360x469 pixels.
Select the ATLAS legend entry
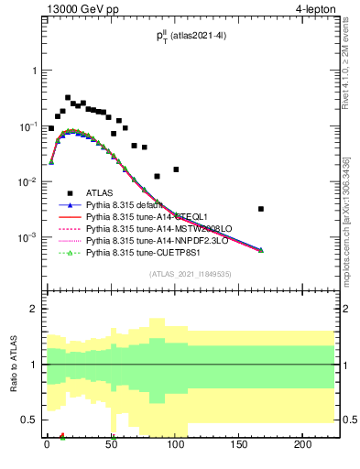[98, 192]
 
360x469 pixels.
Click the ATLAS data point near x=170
[262, 209]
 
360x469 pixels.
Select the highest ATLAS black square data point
[68, 97]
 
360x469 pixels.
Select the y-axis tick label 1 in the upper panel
[34, 71]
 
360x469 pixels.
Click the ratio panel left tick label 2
[34, 309]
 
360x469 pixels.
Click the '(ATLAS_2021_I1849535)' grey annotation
[190, 273]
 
